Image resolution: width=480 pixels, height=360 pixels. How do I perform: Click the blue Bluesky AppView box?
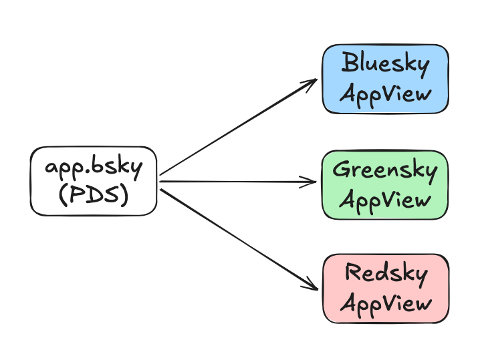tap(386, 79)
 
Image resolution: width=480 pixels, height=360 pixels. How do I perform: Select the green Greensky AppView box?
tap(385, 185)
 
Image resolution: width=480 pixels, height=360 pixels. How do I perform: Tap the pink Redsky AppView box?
tap(386, 289)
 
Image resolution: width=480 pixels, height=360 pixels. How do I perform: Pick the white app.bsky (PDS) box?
tap(94, 181)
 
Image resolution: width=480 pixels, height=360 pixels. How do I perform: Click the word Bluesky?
tap(386, 64)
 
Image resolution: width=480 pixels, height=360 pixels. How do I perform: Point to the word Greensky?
tap(385, 170)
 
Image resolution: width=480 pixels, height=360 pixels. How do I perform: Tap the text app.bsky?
tap(94, 167)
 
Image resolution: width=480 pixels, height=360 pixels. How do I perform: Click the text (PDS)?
tap(94, 195)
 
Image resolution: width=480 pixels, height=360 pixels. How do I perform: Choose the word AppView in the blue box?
tap(386, 94)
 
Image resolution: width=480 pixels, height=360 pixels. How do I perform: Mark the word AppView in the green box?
tap(385, 200)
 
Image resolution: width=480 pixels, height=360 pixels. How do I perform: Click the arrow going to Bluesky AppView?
tap(238, 127)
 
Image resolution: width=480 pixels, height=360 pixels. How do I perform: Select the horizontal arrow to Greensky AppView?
tap(238, 182)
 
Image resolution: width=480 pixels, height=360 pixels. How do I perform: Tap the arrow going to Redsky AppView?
tap(239, 240)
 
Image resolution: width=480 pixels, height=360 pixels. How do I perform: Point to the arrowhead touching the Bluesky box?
tap(310, 83)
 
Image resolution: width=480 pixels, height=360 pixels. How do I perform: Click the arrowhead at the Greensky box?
tap(309, 182)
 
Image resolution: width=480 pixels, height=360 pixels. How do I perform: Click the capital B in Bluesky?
tap(350, 62)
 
